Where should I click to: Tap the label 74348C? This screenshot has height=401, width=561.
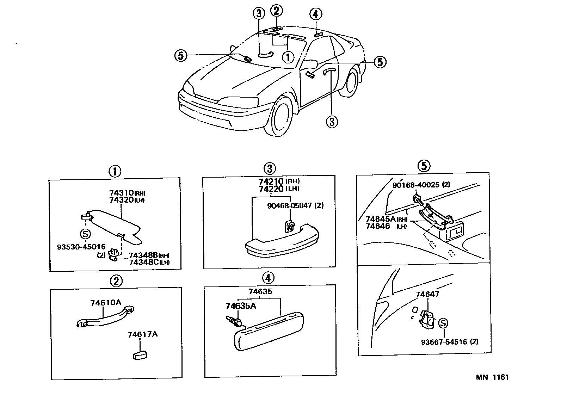click(143, 262)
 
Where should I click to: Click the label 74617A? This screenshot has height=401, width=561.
click(142, 334)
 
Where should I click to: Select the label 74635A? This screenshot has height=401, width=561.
click(241, 306)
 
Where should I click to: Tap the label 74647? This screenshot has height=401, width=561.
click(427, 294)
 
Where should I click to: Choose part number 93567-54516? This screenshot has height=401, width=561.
click(444, 341)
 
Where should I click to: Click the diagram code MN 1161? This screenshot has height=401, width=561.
click(492, 377)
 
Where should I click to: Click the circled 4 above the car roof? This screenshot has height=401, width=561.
click(315, 14)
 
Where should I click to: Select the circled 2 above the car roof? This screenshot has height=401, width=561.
click(277, 11)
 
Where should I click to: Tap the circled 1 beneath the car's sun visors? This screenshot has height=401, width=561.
click(288, 56)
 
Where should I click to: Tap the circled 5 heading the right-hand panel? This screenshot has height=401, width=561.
click(424, 166)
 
